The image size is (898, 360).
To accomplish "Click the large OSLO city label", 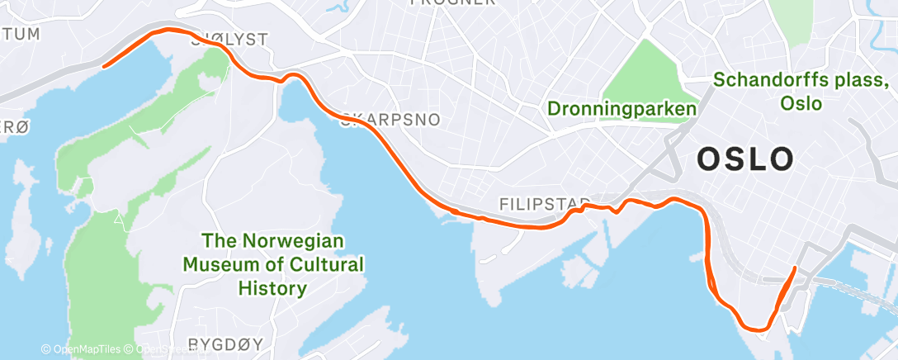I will [745, 159].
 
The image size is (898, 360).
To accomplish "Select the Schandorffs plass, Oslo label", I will [801, 92].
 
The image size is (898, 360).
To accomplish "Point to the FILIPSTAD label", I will [545, 203].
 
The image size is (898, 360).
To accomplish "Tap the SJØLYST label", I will [218, 39].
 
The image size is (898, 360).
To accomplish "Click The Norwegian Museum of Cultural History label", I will [272, 264].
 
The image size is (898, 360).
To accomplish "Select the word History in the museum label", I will [272, 288].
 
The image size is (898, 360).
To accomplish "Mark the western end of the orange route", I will [103, 66].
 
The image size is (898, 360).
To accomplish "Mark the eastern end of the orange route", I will [795, 268].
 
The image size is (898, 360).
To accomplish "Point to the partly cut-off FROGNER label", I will [452, 3].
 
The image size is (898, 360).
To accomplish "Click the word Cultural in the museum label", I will [320, 265].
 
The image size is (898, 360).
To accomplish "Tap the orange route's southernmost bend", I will [755, 329].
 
